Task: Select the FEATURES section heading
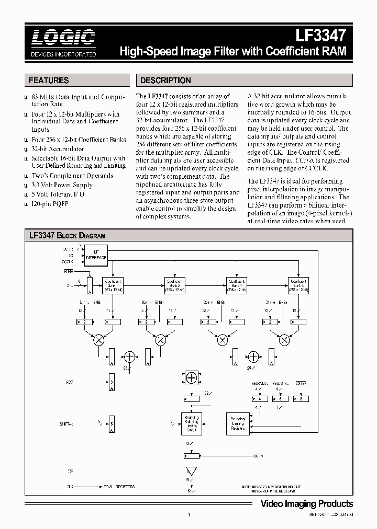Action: [49, 80]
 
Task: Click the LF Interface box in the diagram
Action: [96, 255]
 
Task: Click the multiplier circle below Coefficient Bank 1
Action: [98, 340]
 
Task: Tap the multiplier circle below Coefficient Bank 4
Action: [284, 340]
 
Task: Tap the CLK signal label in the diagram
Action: [69, 486]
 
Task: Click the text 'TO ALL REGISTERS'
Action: [118, 486]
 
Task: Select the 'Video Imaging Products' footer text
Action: [307, 503]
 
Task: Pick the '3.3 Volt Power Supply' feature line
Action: [62, 185]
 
